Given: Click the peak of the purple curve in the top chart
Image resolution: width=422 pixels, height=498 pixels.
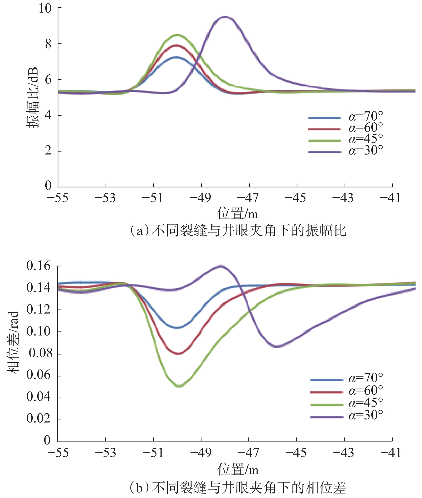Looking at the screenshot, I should click(225, 17).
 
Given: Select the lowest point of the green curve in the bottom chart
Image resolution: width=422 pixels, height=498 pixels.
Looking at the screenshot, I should click(179, 386).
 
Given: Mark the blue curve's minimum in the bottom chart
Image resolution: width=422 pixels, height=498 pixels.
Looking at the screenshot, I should click(177, 328).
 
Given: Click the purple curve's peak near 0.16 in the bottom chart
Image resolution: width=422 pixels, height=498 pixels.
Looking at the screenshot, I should click(221, 266).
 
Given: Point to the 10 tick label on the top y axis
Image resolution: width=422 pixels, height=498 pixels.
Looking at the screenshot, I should click(45, 8).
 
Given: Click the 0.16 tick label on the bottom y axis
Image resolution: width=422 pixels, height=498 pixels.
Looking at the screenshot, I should click(39, 266).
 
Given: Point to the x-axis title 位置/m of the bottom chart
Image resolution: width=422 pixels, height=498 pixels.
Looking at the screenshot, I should click(238, 469).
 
